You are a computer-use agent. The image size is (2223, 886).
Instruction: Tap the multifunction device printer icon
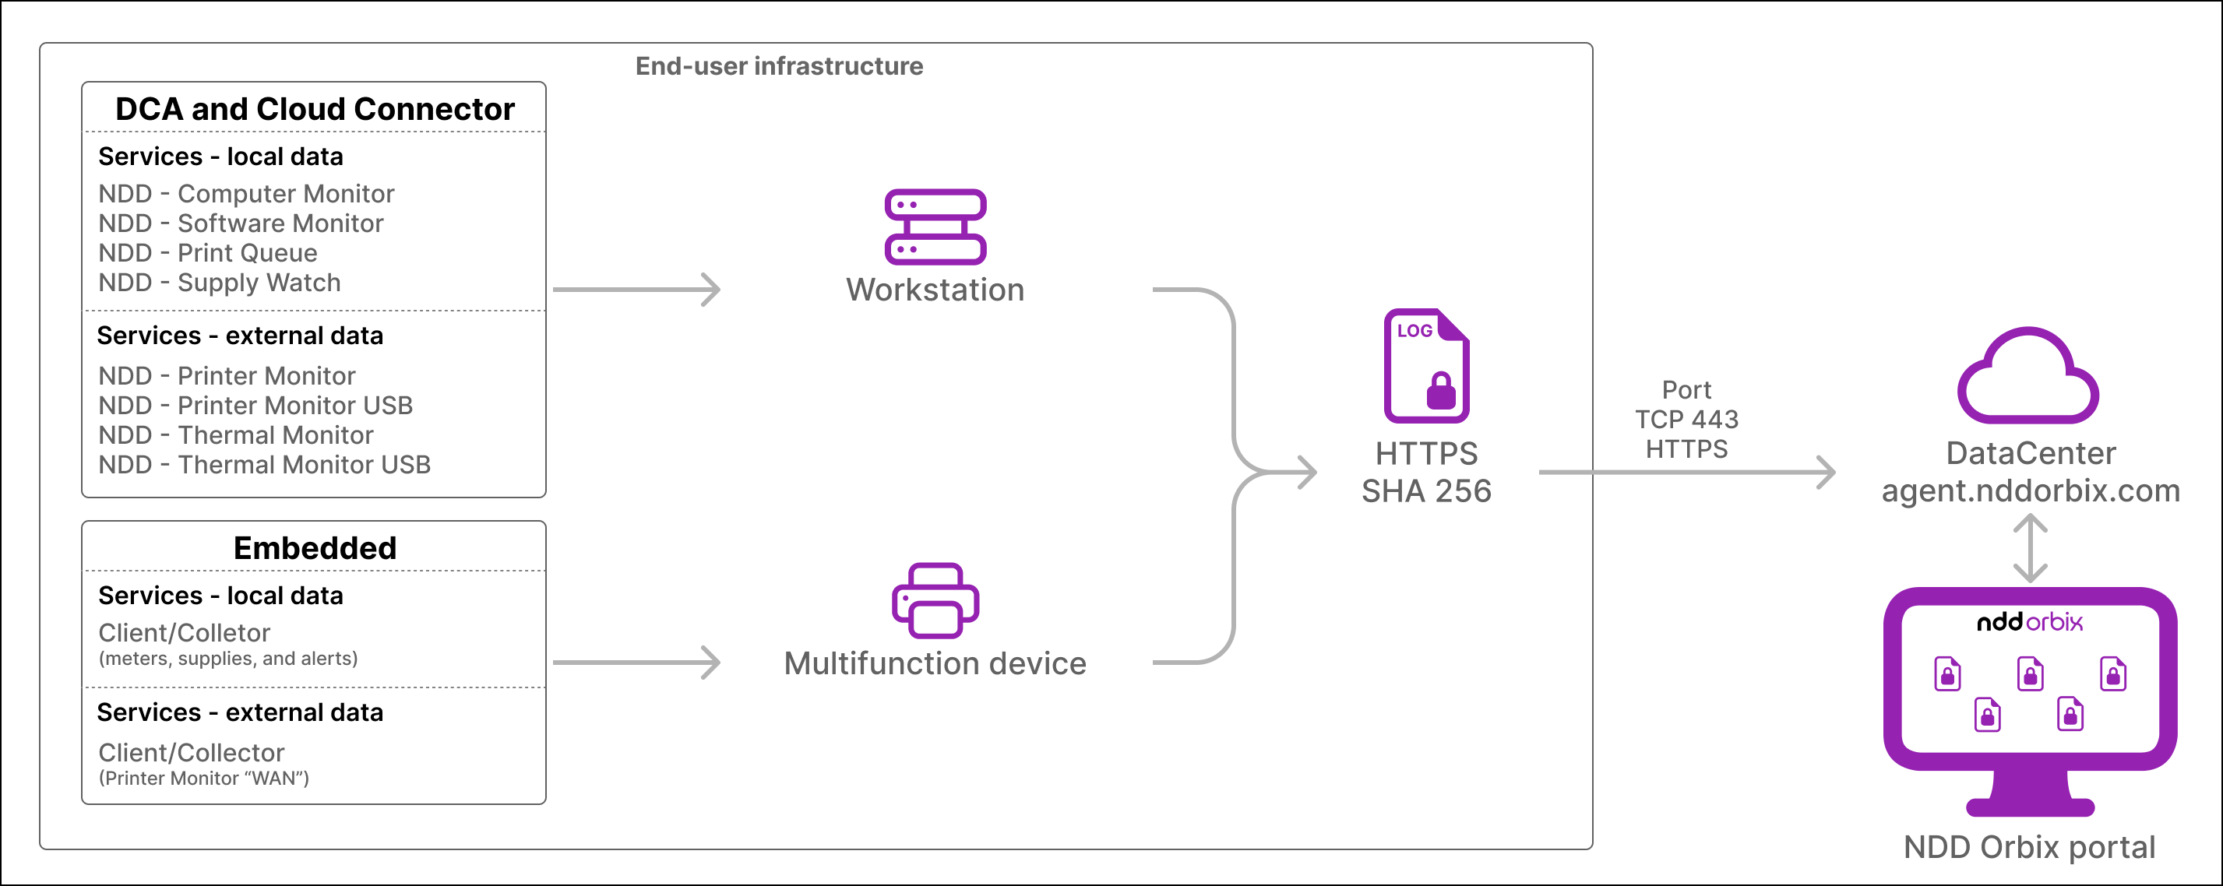click(x=935, y=601)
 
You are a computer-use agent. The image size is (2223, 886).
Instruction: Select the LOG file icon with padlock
click(x=1426, y=366)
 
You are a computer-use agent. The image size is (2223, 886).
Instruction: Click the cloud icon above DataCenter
click(x=2028, y=376)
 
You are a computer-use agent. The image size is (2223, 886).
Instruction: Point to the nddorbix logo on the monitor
click(x=2030, y=621)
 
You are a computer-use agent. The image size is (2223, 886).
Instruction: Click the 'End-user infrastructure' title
click(x=779, y=66)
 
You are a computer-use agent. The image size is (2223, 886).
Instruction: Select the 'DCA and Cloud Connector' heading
click(x=315, y=110)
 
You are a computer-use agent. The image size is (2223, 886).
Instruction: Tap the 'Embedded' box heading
click(x=315, y=548)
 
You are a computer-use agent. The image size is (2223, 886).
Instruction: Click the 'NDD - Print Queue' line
click(x=208, y=253)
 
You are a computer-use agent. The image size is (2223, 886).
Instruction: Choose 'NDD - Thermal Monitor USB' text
click(x=265, y=465)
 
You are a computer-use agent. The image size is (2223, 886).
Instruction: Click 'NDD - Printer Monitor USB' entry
click(x=255, y=406)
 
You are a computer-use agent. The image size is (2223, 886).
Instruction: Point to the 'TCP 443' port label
click(x=1687, y=420)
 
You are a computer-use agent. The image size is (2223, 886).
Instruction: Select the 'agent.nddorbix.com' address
click(x=2031, y=490)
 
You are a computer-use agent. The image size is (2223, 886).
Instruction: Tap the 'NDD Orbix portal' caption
click(x=2030, y=847)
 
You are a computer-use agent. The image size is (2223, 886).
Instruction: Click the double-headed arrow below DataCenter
click(x=2031, y=548)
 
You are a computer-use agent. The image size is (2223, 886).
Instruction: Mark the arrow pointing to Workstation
click(x=637, y=290)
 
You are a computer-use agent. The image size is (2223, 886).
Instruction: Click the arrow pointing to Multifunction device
click(x=637, y=663)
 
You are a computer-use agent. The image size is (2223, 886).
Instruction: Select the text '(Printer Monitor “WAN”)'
click(x=203, y=778)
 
